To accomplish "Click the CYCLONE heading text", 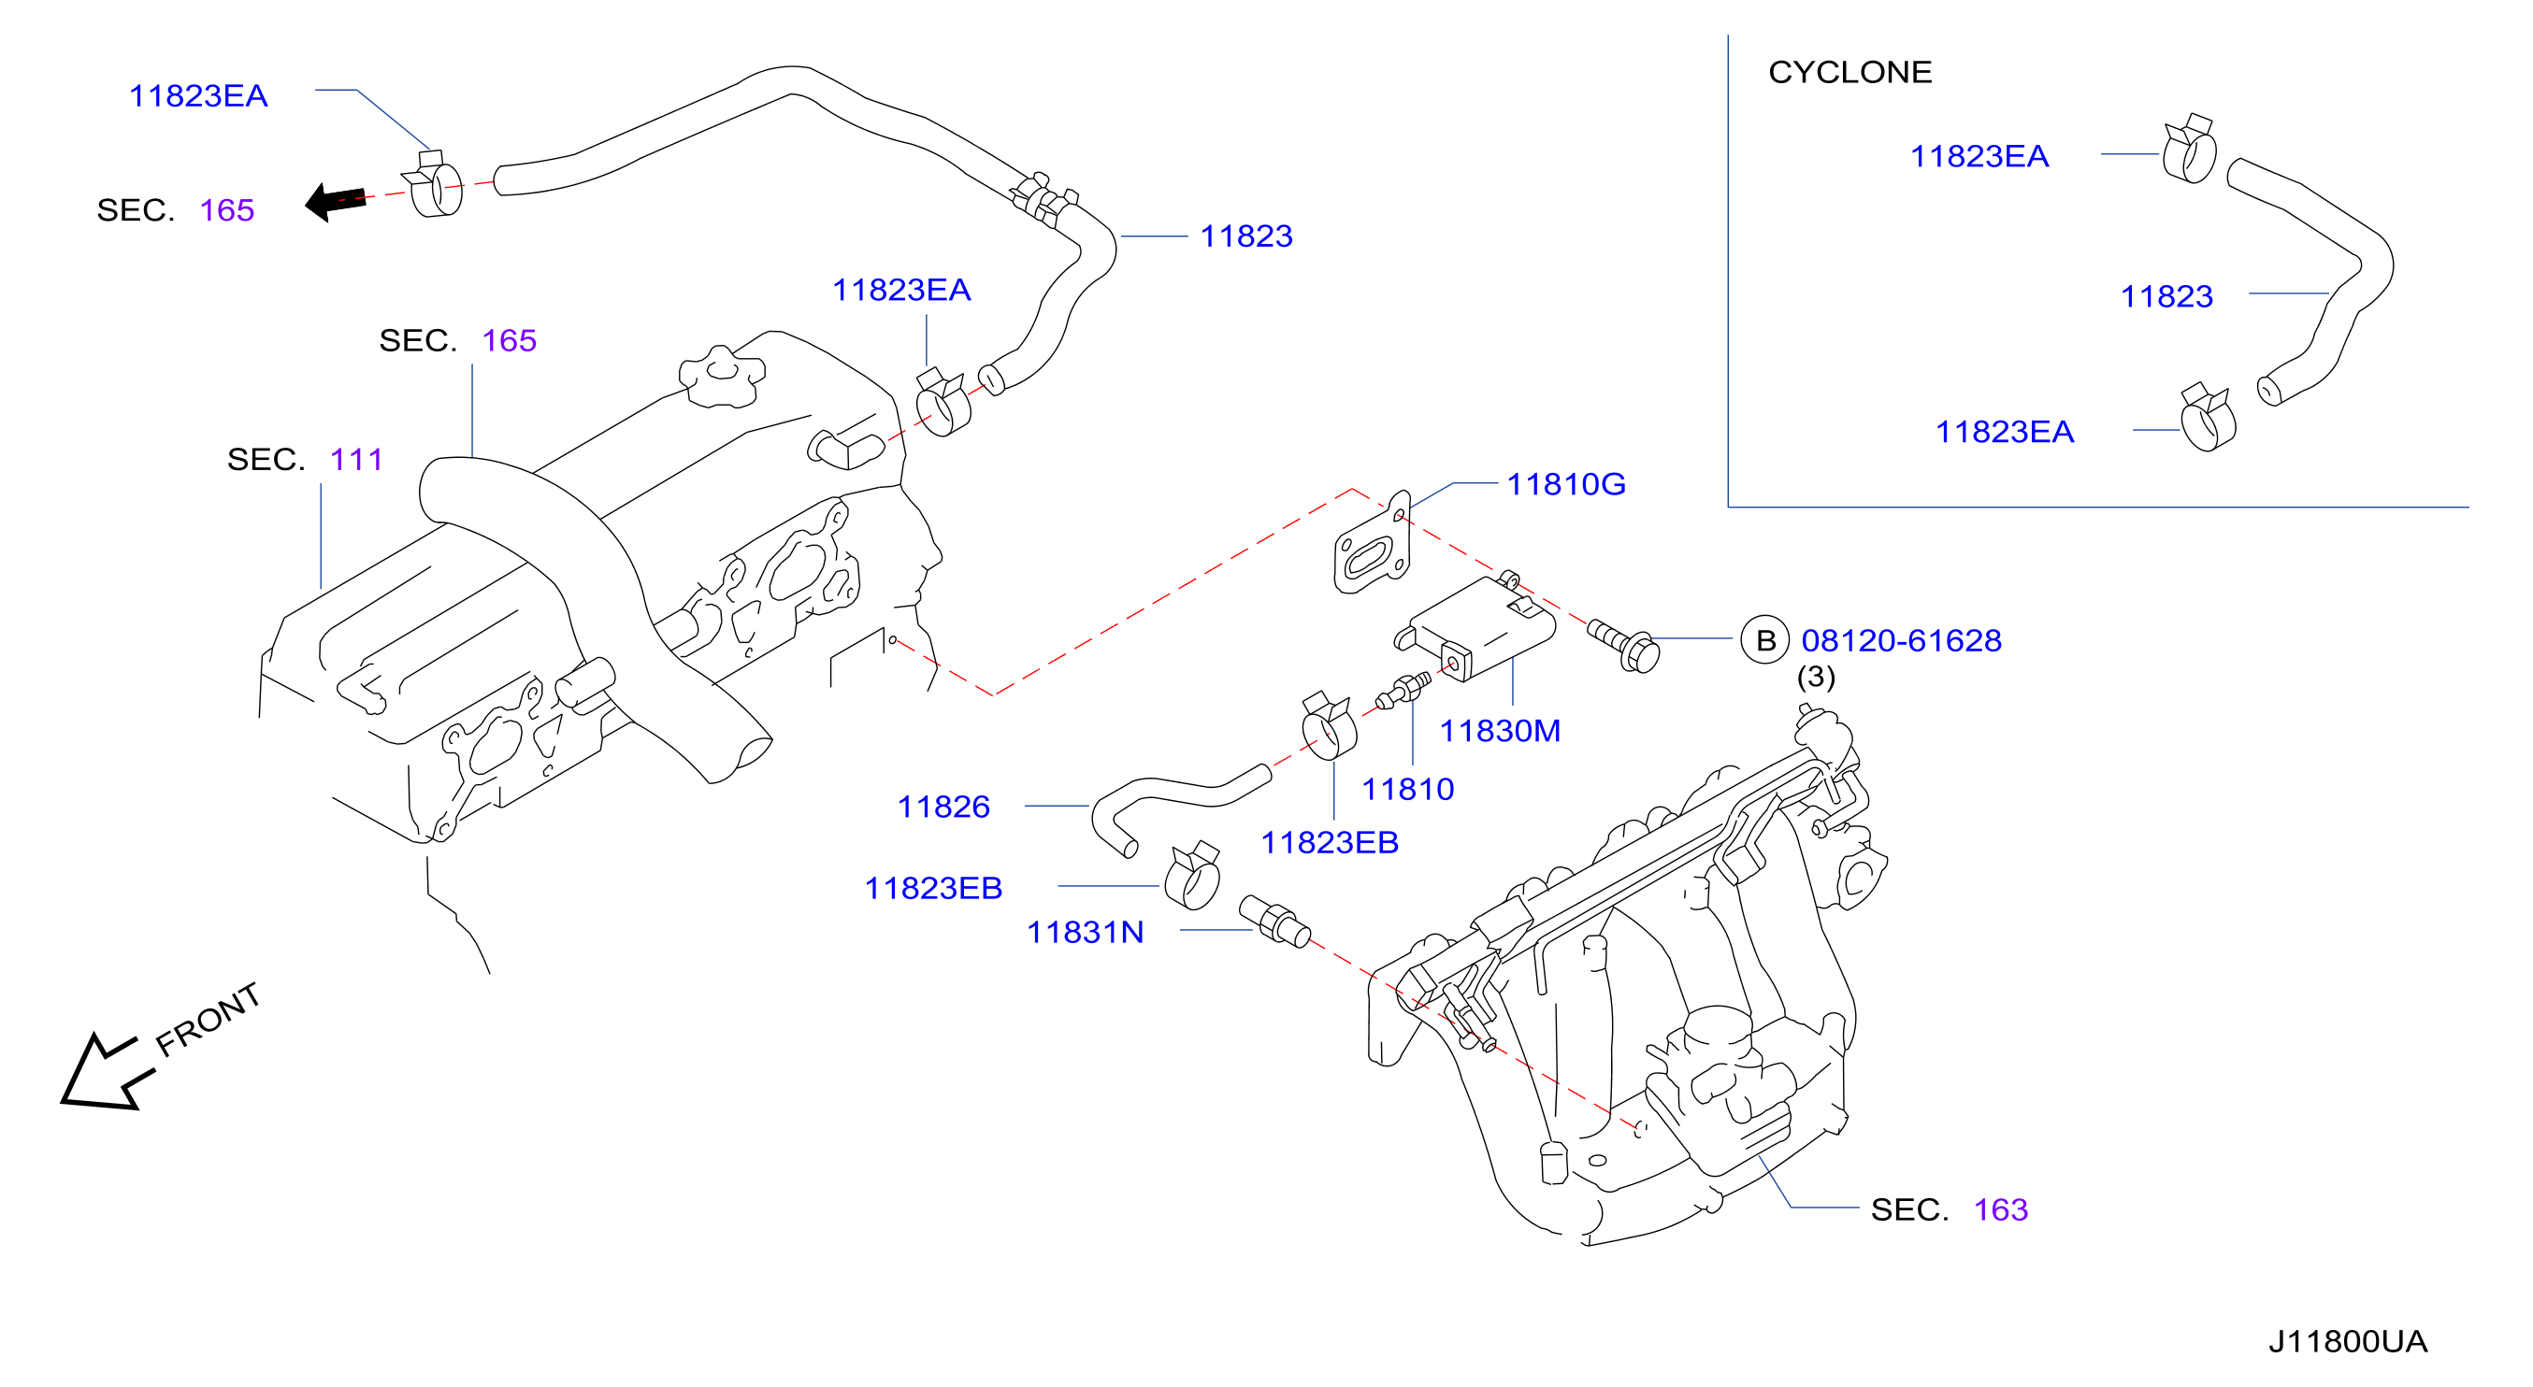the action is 1849,73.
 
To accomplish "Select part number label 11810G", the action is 1566,483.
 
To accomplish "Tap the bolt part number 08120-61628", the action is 1901,640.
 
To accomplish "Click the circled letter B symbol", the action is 1765,640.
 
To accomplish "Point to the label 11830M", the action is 1500,730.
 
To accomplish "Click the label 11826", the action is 943,806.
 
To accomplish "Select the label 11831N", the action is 1085,932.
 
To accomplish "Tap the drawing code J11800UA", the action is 2347,1341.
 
